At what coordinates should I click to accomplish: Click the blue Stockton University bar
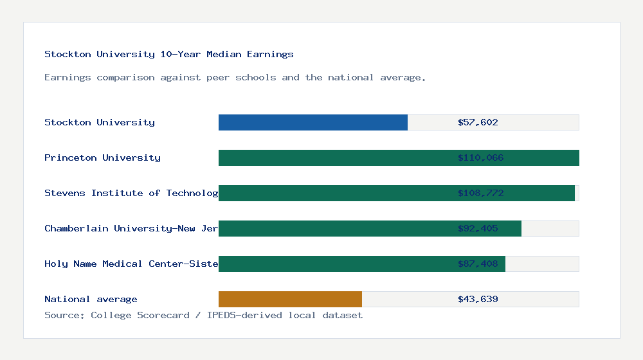tap(313, 122)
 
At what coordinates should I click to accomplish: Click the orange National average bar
tap(290, 299)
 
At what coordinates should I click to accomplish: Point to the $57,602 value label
tap(478, 122)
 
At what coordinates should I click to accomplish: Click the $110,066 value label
tap(480, 157)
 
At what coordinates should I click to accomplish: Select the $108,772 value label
tap(480, 193)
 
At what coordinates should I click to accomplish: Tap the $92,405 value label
tap(478, 228)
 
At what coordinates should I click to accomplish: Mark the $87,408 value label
tap(478, 264)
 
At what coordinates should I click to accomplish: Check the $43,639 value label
tap(478, 299)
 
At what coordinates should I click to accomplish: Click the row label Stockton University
tap(100, 122)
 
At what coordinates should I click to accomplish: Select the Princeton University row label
tap(102, 157)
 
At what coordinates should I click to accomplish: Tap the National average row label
tap(91, 299)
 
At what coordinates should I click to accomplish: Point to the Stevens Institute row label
tap(131, 193)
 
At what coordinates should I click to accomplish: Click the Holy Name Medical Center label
tap(131, 264)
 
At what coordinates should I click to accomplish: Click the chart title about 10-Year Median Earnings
tap(169, 54)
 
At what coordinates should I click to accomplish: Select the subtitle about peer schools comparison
tap(235, 77)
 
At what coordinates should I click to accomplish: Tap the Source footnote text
tap(203, 315)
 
